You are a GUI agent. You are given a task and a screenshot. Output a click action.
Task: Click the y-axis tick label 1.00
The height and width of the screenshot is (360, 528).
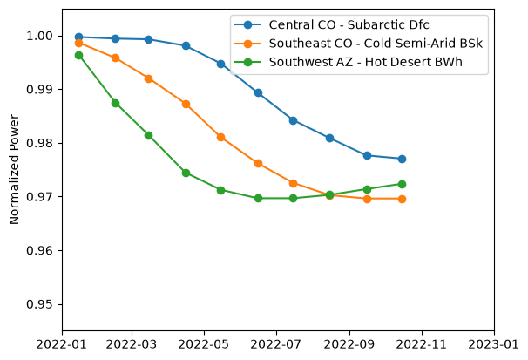39,36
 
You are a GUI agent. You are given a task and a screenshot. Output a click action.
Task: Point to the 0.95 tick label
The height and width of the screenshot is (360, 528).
39,304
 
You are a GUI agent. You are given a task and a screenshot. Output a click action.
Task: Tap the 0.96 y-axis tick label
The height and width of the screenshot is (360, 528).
39,250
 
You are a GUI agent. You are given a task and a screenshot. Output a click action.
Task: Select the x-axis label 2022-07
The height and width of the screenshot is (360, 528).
276,344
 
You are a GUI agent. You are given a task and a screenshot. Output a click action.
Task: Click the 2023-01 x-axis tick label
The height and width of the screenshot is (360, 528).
494,344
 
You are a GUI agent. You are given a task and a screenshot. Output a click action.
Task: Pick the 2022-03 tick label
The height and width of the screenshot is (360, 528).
132,344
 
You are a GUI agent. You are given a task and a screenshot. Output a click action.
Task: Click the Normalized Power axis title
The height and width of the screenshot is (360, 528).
14,169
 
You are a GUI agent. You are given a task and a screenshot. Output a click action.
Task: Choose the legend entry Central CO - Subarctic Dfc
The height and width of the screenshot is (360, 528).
349,25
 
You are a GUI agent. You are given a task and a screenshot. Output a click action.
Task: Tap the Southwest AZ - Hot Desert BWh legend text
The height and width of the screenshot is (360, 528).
365,62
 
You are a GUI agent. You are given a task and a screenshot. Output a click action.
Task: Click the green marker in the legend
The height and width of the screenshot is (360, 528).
247,62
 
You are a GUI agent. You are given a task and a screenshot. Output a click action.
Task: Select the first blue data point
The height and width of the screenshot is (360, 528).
78,37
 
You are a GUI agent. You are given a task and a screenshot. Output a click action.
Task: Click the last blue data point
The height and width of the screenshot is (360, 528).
402,159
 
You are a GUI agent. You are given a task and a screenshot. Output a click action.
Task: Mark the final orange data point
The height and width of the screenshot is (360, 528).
402,199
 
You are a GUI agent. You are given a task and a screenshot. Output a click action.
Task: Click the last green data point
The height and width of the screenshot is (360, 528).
402,184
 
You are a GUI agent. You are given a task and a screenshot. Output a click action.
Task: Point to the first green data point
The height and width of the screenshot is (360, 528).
78,55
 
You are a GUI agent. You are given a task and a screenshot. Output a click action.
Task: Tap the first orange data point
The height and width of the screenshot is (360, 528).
78,43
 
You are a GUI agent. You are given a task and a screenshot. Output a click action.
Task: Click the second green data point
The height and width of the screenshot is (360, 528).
115,104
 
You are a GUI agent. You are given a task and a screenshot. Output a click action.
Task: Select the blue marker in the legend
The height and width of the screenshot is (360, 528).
247,25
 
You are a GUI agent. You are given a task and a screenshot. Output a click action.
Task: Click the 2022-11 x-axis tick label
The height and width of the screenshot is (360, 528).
421,344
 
